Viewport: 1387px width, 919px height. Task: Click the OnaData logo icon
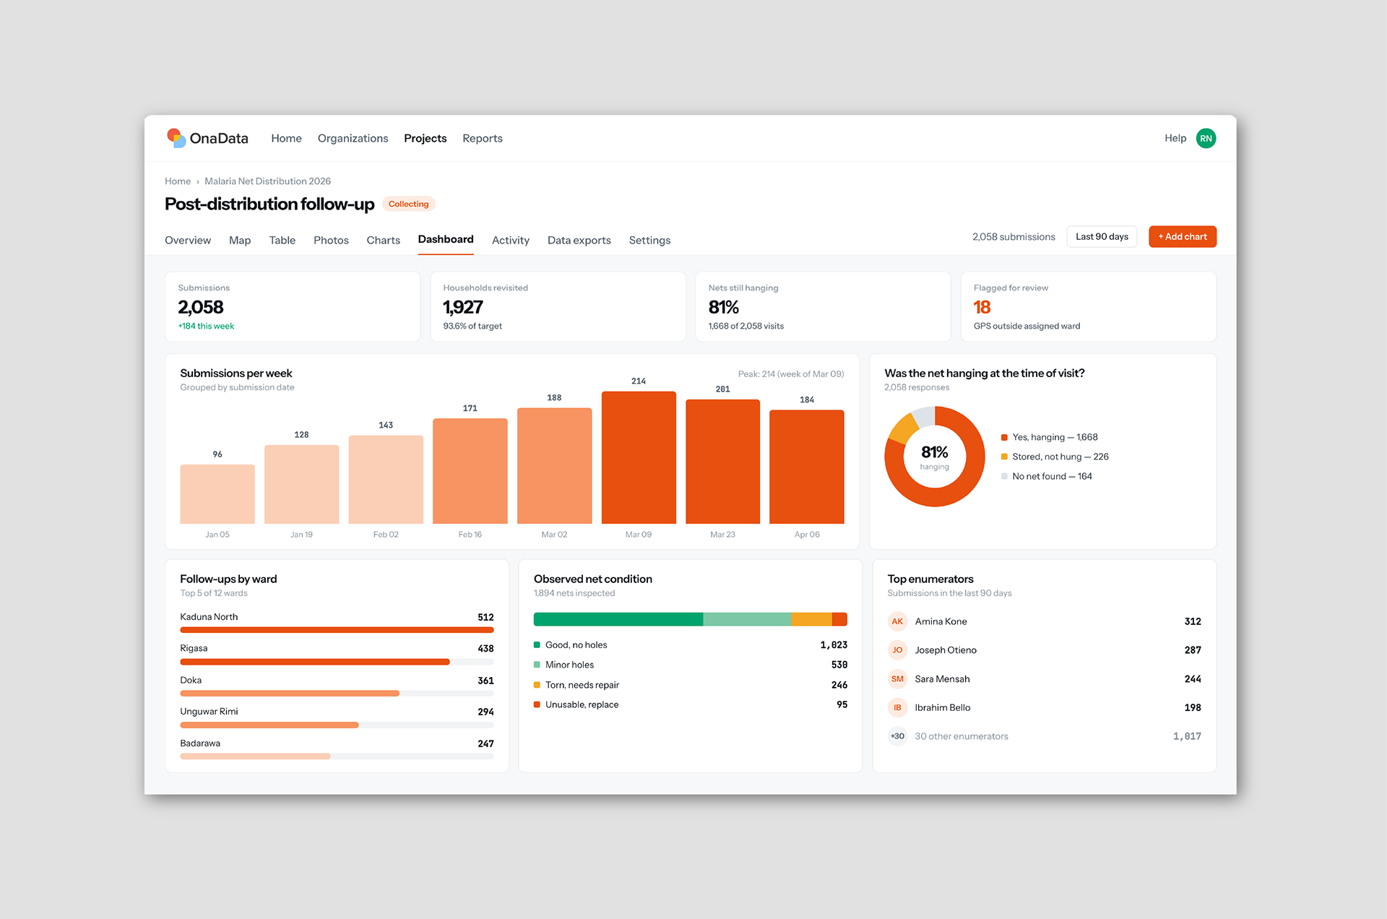pyautogui.click(x=176, y=138)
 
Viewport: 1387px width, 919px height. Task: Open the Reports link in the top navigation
pyautogui.click(x=483, y=138)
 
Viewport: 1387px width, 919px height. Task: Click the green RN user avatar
pyautogui.click(x=1206, y=138)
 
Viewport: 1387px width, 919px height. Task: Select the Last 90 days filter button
pyautogui.click(x=1102, y=236)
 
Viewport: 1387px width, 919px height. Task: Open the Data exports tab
pyautogui.click(x=579, y=240)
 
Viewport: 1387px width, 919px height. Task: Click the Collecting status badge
pyautogui.click(x=408, y=204)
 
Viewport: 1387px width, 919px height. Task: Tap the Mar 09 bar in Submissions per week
pyautogui.click(x=639, y=457)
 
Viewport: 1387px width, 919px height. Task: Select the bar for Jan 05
pyautogui.click(x=217, y=494)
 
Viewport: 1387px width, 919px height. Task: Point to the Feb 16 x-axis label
pyautogui.click(x=470, y=535)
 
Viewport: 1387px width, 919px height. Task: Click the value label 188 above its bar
pyautogui.click(x=554, y=397)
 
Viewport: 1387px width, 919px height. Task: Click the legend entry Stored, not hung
pyautogui.click(x=1055, y=457)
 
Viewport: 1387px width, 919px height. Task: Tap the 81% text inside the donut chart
pyautogui.click(x=934, y=452)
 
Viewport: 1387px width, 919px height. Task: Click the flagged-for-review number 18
pyautogui.click(x=982, y=307)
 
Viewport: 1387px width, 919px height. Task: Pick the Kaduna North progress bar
pyautogui.click(x=337, y=630)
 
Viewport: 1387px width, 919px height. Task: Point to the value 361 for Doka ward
pyautogui.click(x=485, y=681)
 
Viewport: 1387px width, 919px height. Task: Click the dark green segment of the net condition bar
pyautogui.click(x=618, y=619)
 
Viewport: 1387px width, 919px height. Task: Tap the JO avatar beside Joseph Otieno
pyautogui.click(x=897, y=650)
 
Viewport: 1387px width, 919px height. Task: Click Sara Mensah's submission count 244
pyautogui.click(x=1193, y=679)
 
